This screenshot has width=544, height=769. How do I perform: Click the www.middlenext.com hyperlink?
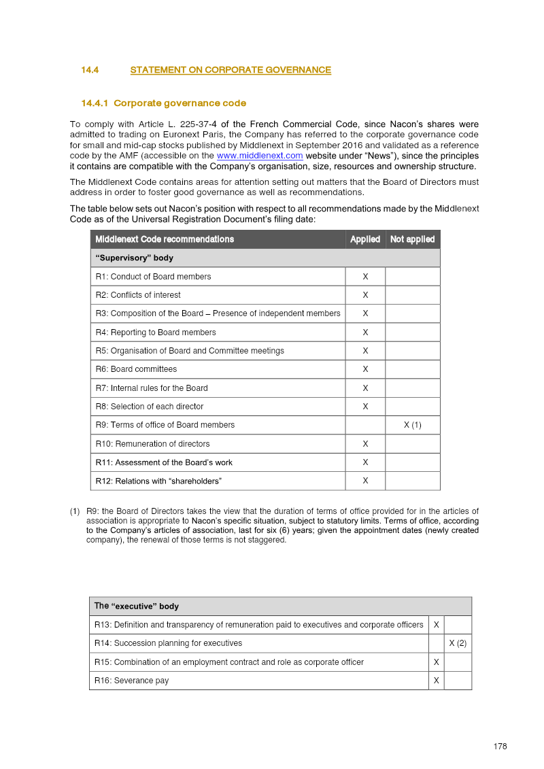pos(259,156)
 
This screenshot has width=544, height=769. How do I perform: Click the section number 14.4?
pos(90,70)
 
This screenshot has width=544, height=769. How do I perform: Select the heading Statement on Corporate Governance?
pos(231,70)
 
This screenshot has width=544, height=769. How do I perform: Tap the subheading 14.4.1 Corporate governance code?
pos(163,103)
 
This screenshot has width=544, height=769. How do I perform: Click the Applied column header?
pos(365,239)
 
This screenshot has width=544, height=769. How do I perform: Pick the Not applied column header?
pos(412,239)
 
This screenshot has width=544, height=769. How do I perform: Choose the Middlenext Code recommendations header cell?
pos(165,239)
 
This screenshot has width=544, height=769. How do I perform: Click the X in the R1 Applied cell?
pos(365,277)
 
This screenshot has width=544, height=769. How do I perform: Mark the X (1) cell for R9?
pos(412,425)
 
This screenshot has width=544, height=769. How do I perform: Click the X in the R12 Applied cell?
pos(365,481)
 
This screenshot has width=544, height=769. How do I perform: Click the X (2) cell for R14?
pos(458,643)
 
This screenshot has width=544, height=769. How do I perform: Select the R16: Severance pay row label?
pos(132,681)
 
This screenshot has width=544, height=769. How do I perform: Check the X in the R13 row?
pos(436,625)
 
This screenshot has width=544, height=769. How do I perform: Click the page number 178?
pos(500,747)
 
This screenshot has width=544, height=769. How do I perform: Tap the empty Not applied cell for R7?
pos(412,388)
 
